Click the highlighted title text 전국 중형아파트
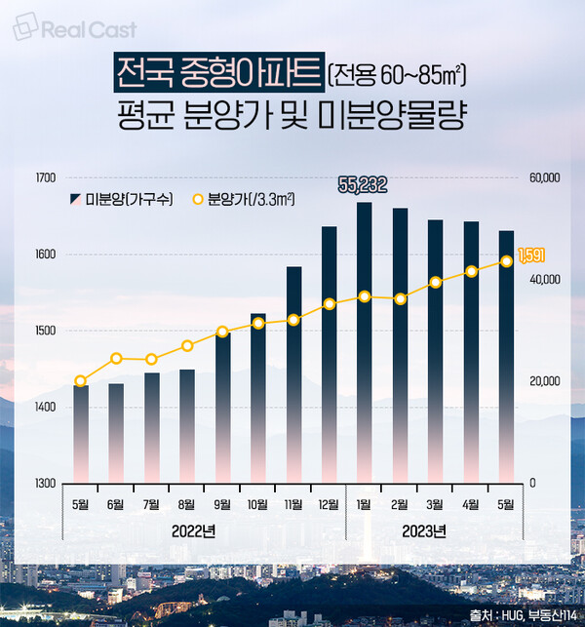pos(218,71)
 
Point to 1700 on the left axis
pos(46,178)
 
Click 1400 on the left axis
pos(46,408)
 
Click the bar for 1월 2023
pos(364,341)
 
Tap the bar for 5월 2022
pos(81,434)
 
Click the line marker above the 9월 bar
pos(222,332)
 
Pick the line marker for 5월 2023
pos(506,261)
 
